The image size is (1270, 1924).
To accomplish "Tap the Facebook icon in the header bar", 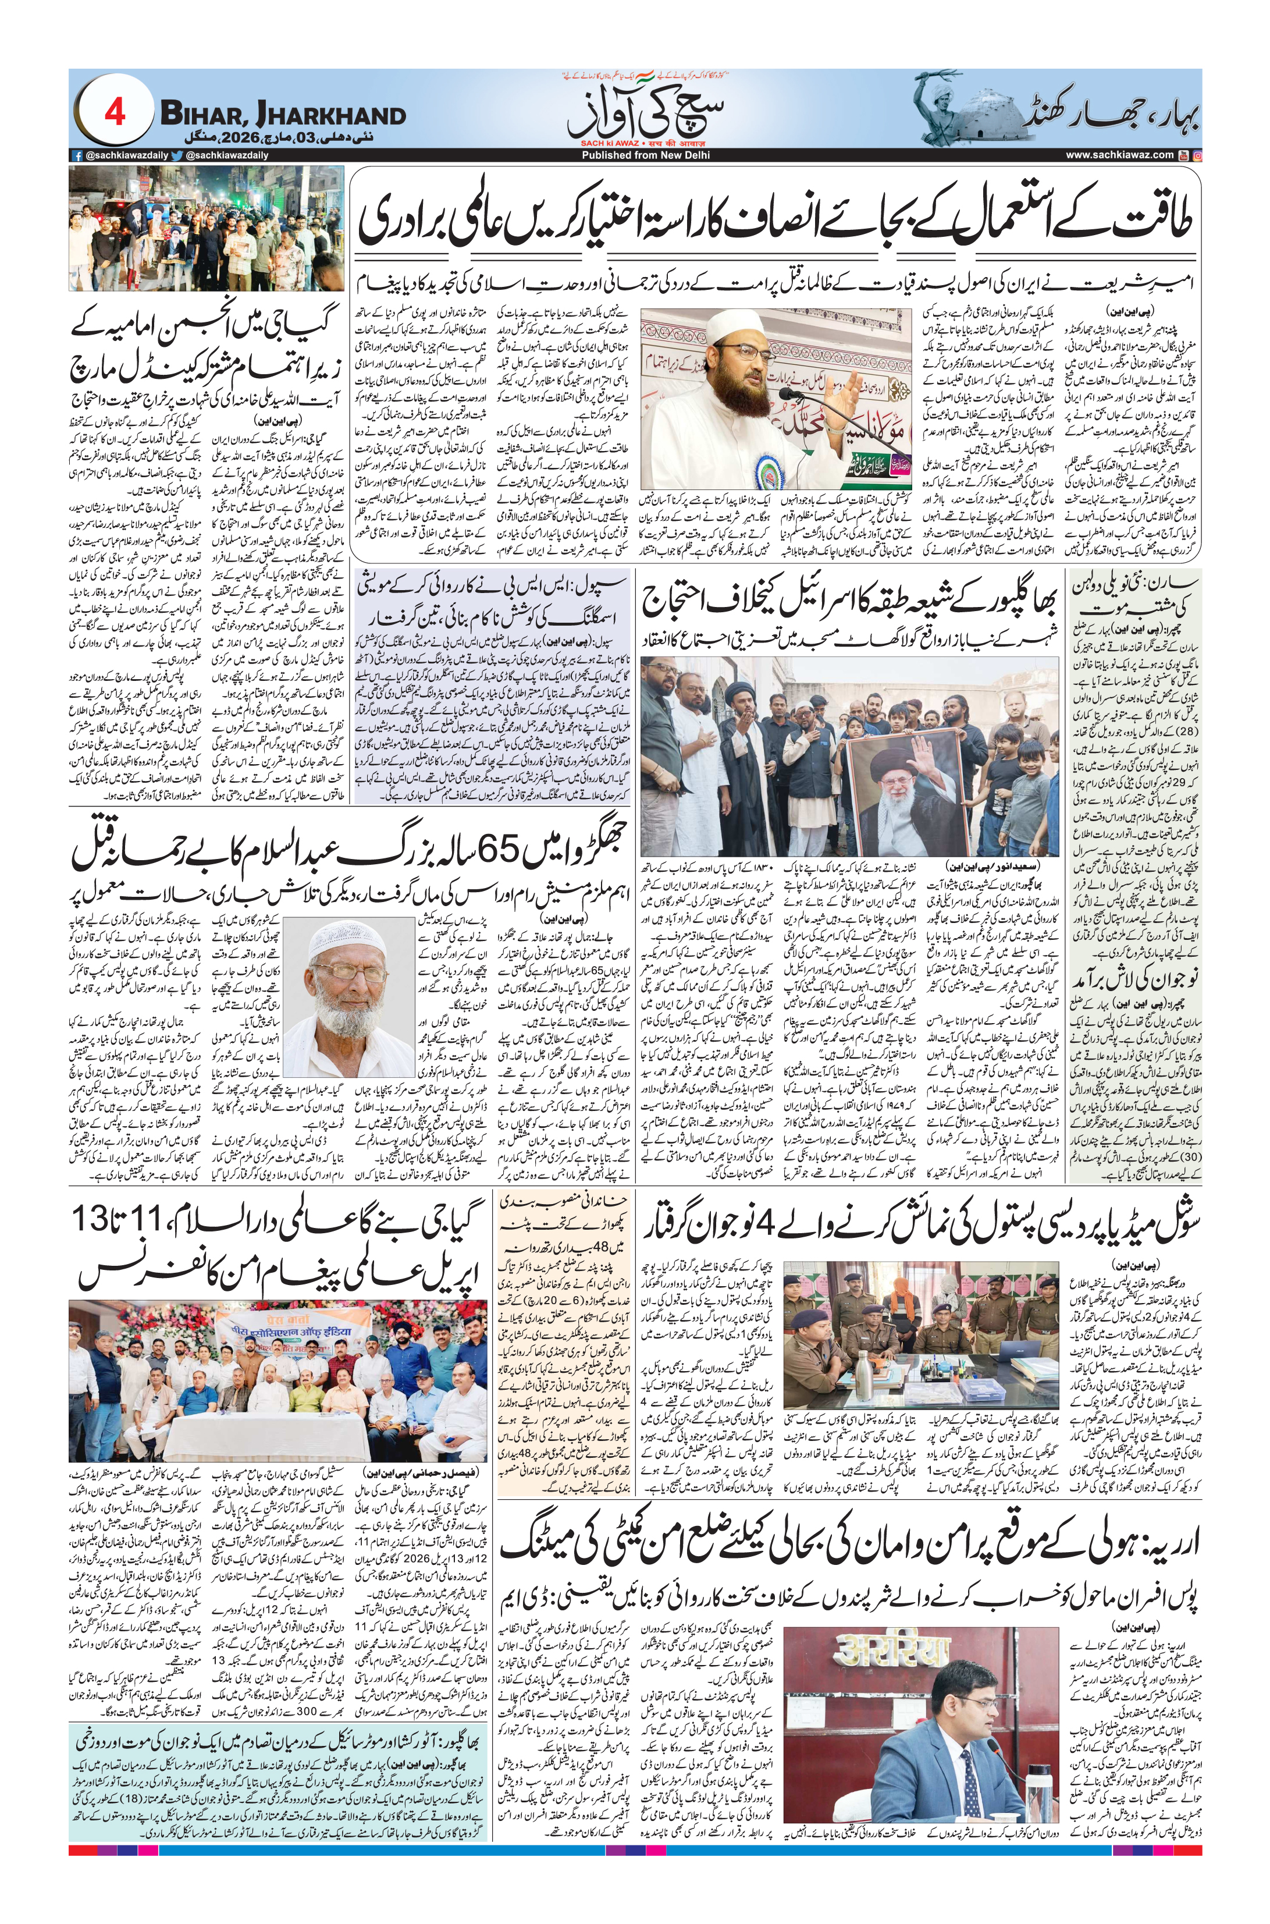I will coord(77,155).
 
